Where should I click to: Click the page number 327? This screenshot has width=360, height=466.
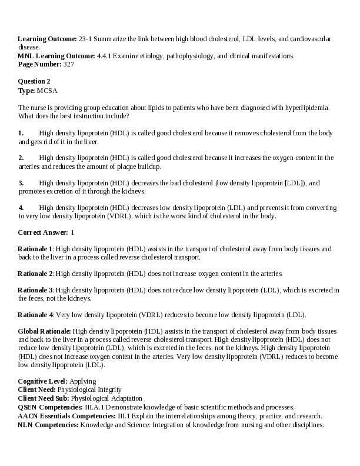coord(69,64)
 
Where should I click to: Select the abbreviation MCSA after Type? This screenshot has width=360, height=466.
coord(47,91)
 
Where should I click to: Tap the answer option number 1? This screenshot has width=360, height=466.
coord(21,133)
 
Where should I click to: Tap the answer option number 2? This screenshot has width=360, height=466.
coord(21,158)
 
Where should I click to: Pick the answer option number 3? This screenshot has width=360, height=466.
coord(21,183)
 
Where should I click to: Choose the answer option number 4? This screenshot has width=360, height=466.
coord(21,208)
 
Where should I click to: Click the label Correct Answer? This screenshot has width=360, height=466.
coord(42,232)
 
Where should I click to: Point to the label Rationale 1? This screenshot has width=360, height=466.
coord(35,249)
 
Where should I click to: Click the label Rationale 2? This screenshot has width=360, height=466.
coord(35,274)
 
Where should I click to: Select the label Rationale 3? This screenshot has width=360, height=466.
coord(35,290)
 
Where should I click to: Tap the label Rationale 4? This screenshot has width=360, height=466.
coord(35,315)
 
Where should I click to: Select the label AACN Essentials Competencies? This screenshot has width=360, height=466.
coord(66,415)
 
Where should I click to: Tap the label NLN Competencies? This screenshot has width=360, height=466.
coord(48,424)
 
